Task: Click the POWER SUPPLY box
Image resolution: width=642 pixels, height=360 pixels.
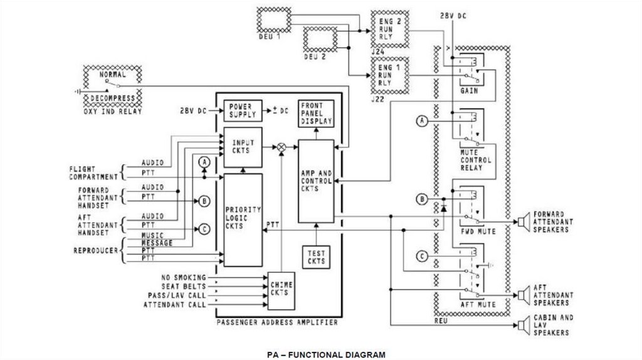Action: (243, 110)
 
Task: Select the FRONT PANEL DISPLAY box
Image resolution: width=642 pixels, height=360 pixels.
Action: (316, 114)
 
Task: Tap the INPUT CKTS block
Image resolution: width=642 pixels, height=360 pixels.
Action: (243, 147)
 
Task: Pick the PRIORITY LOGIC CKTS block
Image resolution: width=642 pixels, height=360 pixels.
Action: (243, 220)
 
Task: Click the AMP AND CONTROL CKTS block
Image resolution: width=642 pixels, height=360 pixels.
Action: (316, 181)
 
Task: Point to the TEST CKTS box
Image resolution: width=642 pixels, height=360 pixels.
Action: (316, 257)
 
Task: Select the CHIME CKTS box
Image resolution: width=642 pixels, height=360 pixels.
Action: (282, 291)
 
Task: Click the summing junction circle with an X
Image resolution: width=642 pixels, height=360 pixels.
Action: (282, 147)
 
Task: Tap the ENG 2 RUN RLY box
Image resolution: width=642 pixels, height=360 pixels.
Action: (390, 29)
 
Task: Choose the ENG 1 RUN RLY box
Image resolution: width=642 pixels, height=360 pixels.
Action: (390, 75)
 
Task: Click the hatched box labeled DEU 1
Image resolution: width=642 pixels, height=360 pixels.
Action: (274, 19)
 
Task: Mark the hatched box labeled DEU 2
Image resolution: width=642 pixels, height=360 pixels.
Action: (320, 40)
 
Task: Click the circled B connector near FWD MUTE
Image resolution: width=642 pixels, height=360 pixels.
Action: (422, 199)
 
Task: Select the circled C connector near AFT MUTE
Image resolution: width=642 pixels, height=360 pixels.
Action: (422, 257)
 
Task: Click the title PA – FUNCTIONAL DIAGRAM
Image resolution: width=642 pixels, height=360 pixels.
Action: (326, 355)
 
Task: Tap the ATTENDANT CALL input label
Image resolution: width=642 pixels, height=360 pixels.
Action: (175, 305)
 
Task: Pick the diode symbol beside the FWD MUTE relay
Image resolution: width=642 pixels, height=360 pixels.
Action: (443, 208)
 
